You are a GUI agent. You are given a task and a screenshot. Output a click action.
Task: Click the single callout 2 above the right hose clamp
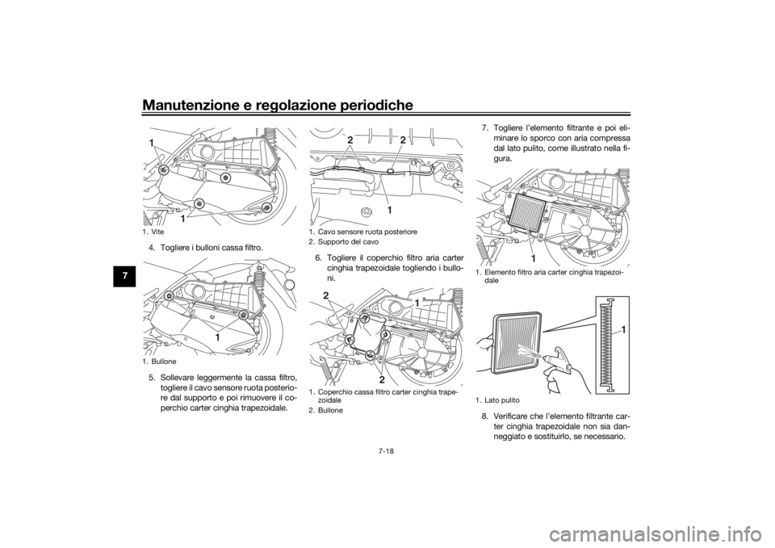pyautogui.click(x=402, y=140)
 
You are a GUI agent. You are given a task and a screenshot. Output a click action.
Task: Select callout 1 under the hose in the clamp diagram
pyautogui.click(x=388, y=209)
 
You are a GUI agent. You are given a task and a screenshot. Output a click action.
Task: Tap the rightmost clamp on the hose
pyautogui.click(x=390, y=171)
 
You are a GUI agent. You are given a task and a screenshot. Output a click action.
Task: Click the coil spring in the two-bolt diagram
pyautogui.click(x=260, y=282)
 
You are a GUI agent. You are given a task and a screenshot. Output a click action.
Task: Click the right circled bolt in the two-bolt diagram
pyautogui.click(x=243, y=315)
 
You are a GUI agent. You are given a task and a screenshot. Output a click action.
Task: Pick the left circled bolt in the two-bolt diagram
pyautogui.click(x=170, y=297)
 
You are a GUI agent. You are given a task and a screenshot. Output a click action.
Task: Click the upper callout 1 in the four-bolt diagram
pyautogui.click(x=151, y=143)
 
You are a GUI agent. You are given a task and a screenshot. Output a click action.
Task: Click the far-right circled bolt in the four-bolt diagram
pyautogui.click(x=266, y=208)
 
